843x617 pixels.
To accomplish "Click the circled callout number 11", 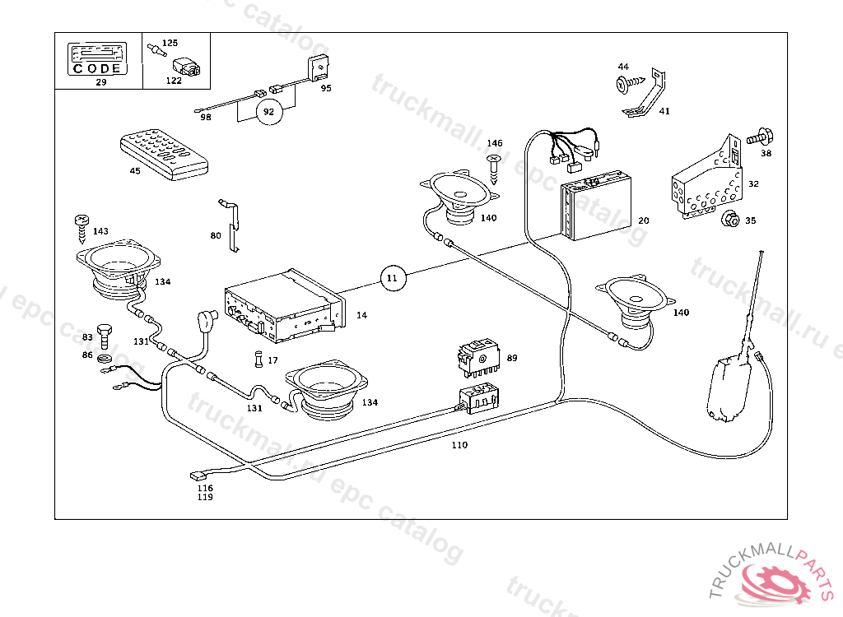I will point(393,278).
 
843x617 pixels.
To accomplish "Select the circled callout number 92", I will point(268,112).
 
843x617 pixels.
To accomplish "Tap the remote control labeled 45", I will point(164,155).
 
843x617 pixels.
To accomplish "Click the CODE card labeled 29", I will point(99,58).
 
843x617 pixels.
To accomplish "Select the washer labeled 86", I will point(105,358).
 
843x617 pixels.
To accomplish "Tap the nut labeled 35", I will point(728,220).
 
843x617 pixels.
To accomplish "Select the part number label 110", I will point(459,445).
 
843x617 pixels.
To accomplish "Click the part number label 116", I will point(205,488).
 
